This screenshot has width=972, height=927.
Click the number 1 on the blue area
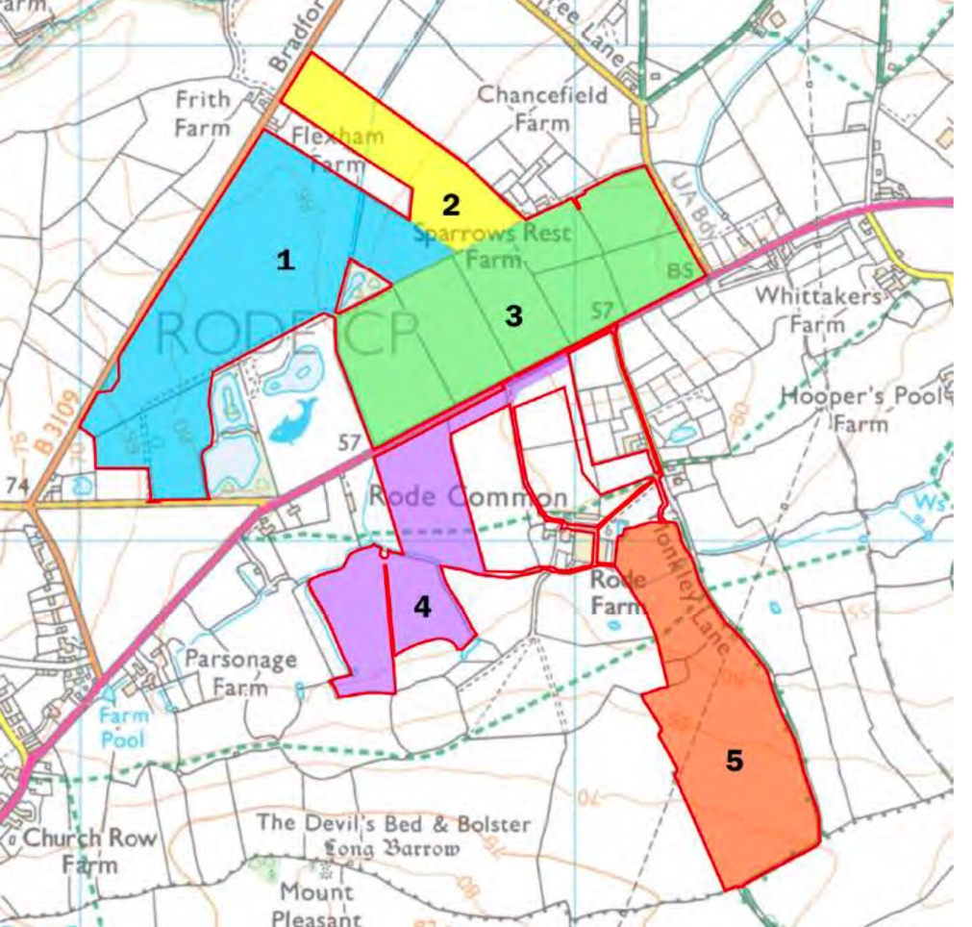click(285, 260)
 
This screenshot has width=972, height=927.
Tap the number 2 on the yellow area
click(450, 204)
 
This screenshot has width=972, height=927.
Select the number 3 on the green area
click(514, 315)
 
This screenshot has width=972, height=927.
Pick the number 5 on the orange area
click(734, 761)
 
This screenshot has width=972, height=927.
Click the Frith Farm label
click(203, 113)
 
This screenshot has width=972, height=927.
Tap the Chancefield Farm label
click(543, 108)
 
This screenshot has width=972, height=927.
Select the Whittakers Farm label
click(818, 309)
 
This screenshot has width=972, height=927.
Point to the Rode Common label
click(468, 497)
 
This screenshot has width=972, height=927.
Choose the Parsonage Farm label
click(240, 673)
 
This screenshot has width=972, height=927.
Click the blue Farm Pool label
click(124, 727)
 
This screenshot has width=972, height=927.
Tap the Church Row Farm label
click(89, 849)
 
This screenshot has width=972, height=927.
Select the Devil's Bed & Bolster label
click(393, 824)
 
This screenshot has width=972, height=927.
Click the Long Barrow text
click(391, 849)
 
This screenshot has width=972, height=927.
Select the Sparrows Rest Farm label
click(492, 245)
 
